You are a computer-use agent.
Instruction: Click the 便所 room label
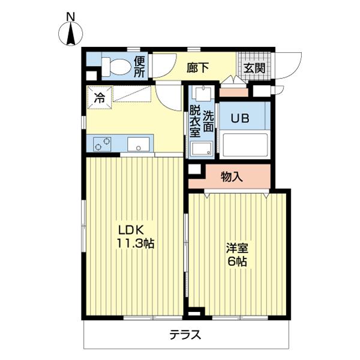(x=139, y=67)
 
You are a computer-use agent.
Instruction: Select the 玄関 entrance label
(x=254, y=67)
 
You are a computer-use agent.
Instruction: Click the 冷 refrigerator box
(x=98, y=96)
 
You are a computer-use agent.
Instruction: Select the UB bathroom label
(x=242, y=118)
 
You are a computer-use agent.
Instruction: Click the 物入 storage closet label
(x=232, y=176)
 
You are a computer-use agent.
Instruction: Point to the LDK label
(x=131, y=230)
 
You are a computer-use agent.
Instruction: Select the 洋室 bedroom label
(x=238, y=248)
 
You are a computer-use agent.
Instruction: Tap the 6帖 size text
(x=238, y=262)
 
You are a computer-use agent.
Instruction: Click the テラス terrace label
(x=184, y=335)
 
